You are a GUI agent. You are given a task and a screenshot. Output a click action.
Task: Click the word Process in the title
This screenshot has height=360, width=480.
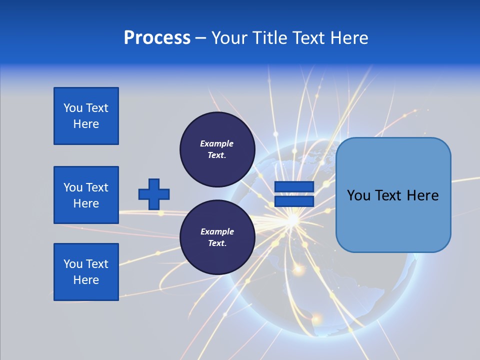tap(157, 38)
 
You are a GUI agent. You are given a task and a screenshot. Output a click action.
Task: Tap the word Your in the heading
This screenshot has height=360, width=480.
tap(229, 38)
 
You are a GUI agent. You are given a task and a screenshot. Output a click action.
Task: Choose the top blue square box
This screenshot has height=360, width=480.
tap(86, 116)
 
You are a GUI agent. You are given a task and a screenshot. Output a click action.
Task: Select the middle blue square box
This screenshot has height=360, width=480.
tap(86, 195)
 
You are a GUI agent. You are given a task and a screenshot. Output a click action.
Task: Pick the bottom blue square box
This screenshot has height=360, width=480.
tap(86, 272)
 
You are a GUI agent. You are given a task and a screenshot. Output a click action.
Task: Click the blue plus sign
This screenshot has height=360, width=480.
tap(154, 194)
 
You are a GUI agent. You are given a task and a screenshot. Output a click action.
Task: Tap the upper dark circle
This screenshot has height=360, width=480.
tap(217, 149)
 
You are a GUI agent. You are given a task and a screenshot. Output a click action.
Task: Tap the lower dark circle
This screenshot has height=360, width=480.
tap(217, 237)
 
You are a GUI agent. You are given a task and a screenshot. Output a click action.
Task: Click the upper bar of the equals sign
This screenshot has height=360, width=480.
tap(294, 187)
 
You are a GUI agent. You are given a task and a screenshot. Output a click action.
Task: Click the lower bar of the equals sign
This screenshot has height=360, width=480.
tap(294, 201)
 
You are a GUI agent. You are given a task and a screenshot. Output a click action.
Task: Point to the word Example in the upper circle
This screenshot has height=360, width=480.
tap(217, 143)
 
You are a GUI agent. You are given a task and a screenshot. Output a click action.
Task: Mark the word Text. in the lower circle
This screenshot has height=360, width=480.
tap(217, 243)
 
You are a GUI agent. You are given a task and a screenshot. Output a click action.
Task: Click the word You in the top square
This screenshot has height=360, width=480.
tap(73, 108)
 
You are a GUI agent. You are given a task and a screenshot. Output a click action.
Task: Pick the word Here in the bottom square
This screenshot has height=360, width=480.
tap(86, 280)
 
